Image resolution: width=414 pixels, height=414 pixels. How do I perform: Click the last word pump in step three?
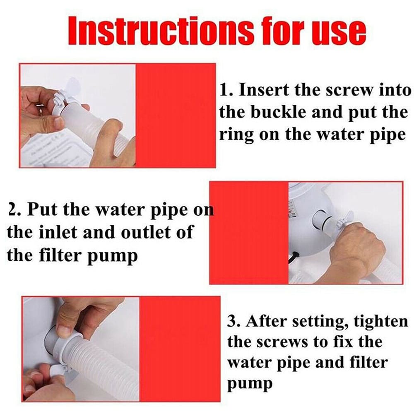(x=250, y=385)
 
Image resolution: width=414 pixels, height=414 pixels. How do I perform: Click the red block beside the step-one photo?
(x=176, y=116)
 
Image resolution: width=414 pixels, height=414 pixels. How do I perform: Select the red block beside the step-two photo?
(x=249, y=233)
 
